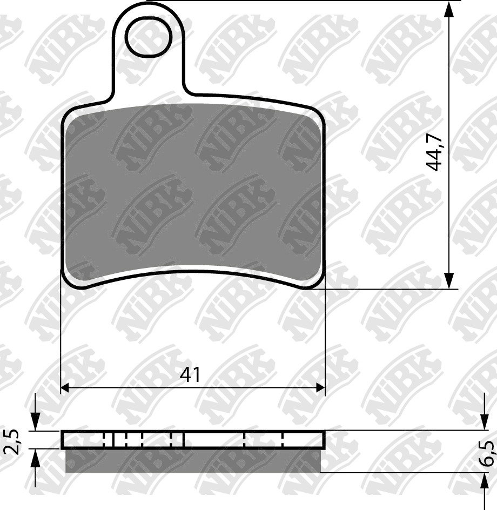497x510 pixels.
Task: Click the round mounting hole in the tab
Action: pos(149,37)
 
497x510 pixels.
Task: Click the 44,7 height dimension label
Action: pos(434,152)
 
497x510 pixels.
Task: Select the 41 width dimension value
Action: pos(190,374)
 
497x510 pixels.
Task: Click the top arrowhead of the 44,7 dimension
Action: pos(449,10)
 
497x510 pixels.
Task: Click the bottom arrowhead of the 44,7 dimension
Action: pos(449,281)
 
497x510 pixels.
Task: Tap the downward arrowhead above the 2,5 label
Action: pos(35,422)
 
